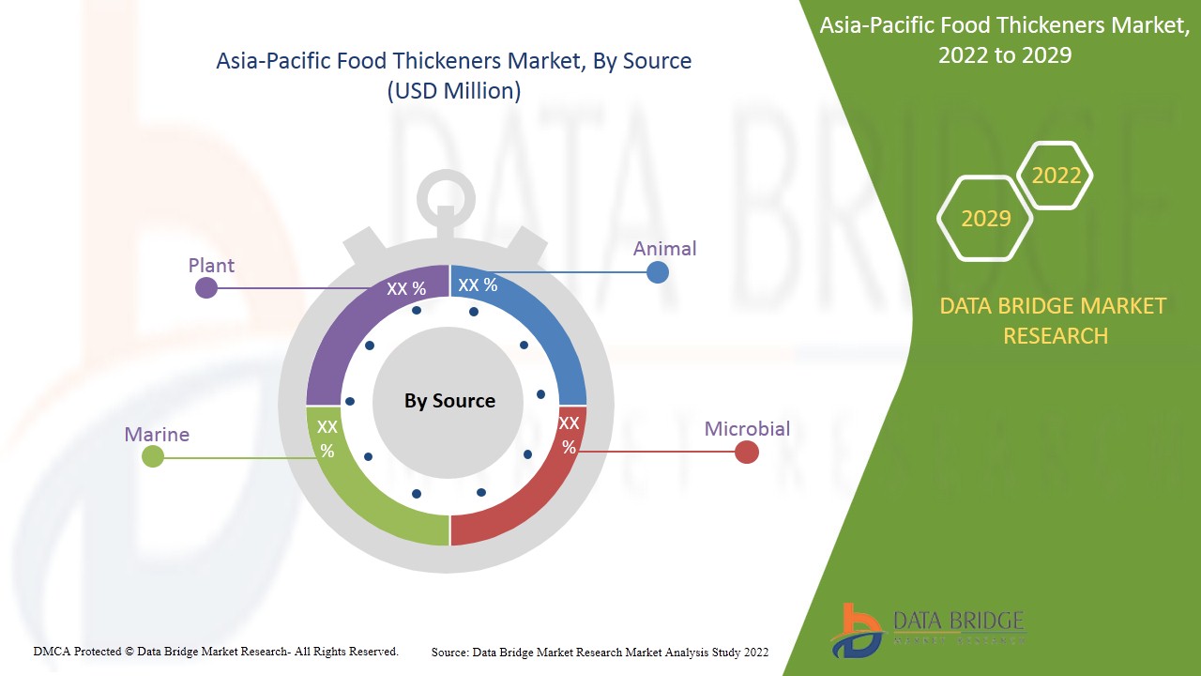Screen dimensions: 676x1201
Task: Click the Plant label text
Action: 211,266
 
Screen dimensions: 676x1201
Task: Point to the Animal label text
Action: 664,249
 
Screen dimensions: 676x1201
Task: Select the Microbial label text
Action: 747,429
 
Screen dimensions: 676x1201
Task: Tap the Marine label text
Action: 157,435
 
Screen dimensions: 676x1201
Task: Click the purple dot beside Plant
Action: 206,288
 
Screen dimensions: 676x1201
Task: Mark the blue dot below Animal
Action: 658,272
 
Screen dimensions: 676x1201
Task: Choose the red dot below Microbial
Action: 746,453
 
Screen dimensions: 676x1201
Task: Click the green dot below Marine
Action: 153,457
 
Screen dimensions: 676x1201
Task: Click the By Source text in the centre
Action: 449,401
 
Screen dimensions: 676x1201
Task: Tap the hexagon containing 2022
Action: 1056,176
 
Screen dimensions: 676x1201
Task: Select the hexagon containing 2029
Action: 985,219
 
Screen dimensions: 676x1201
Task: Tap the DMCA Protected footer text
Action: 216,651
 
